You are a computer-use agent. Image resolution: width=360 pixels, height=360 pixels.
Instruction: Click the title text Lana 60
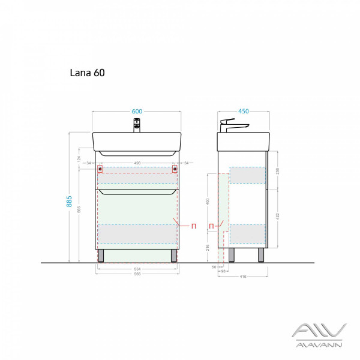[x=88, y=73]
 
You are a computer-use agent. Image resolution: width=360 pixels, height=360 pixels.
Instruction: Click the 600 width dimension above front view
[x=137, y=110]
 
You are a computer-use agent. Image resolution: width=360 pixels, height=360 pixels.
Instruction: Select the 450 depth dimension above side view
[x=244, y=110]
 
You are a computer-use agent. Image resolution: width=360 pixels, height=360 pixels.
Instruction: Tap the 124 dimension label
[x=78, y=158]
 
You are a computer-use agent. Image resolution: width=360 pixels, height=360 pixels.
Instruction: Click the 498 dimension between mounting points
[x=137, y=163]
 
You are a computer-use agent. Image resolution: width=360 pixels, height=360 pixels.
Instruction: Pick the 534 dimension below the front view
[x=137, y=269]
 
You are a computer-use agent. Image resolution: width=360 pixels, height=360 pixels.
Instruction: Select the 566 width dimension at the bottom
[x=137, y=274]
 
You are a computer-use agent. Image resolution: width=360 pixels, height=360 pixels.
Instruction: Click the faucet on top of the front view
[x=137, y=125]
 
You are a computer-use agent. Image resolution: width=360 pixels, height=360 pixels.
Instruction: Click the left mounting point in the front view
[x=100, y=169]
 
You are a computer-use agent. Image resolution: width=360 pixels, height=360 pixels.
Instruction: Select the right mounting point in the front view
[x=175, y=169]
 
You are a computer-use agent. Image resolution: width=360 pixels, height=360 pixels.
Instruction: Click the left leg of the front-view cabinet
[x=101, y=256]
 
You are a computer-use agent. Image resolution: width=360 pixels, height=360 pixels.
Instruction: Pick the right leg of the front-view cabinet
[x=174, y=256]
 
